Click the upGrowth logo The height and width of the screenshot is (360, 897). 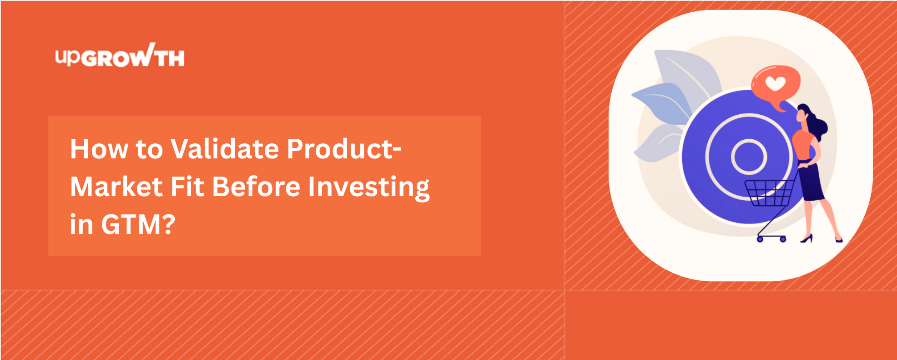click(120, 56)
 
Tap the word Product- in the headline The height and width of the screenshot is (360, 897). click(344, 149)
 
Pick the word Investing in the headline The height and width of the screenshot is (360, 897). click(369, 188)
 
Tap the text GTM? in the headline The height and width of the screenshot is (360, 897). click(138, 224)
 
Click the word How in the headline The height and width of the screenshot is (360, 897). click(99, 149)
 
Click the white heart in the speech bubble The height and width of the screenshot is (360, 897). click(775, 83)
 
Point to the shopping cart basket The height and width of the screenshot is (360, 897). click(769, 193)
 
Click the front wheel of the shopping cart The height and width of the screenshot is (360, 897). click(760, 239)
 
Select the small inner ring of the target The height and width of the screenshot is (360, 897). click(749, 157)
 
